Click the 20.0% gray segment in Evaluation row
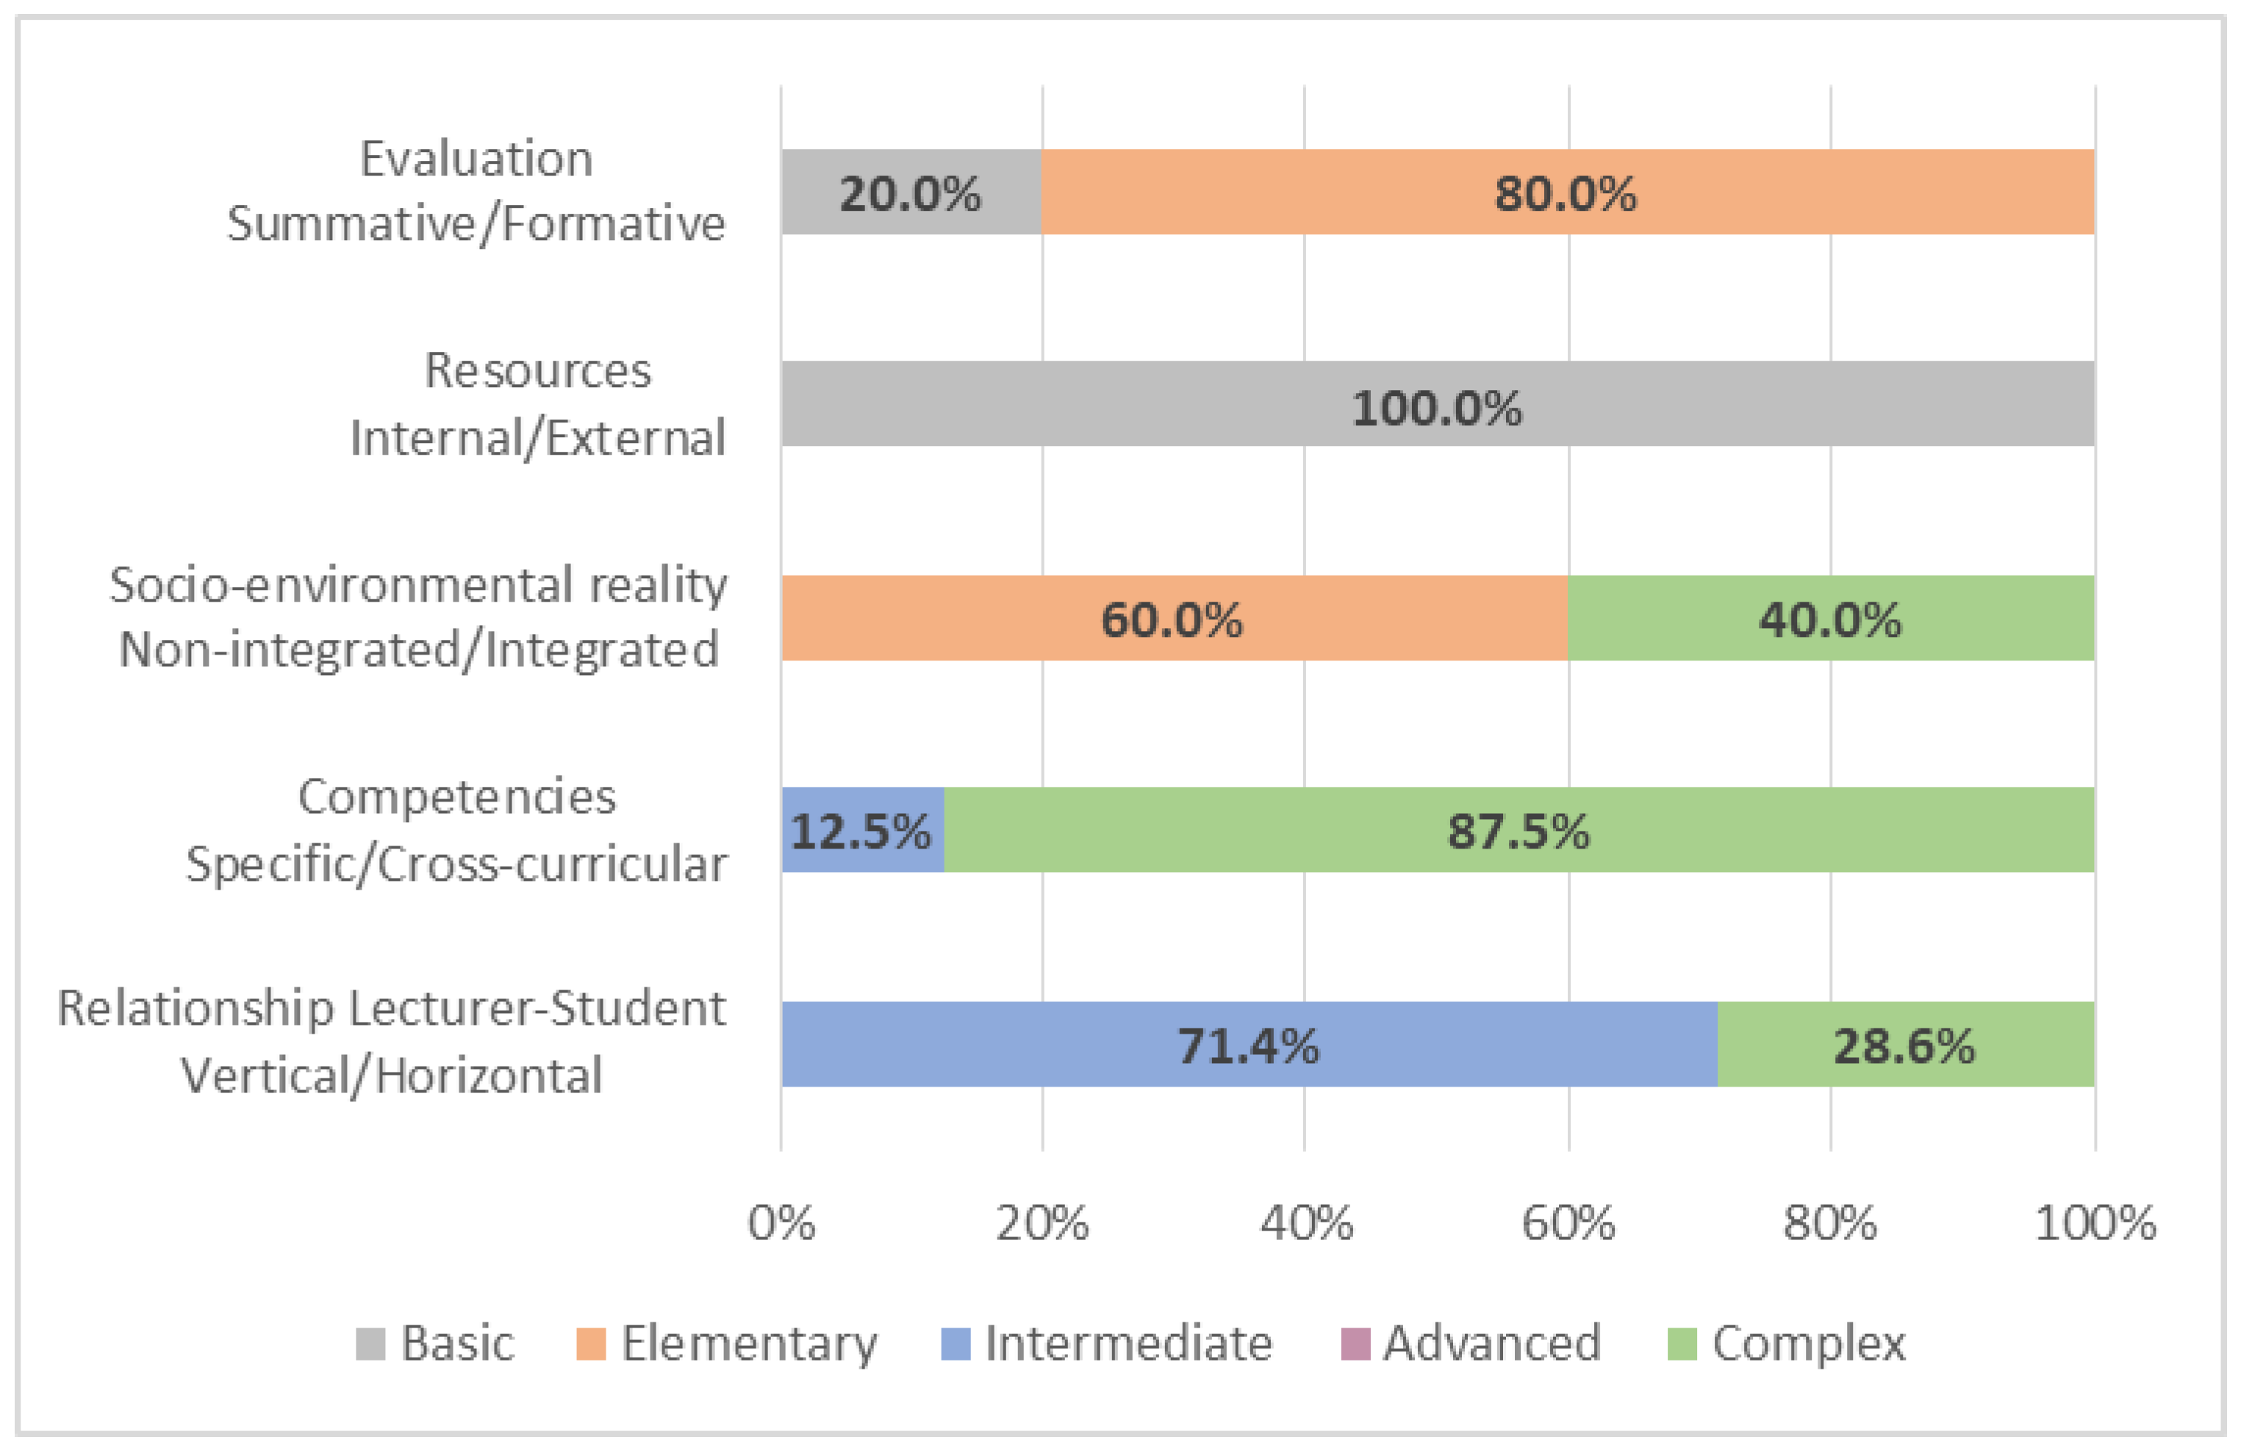[911, 192]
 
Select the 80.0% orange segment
[1567, 192]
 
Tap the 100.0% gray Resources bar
[1437, 404]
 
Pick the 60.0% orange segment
[1173, 618]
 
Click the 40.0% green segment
[1830, 618]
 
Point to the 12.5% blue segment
[861, 830]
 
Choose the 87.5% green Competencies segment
[1518, 830]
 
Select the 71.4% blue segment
[1249, 1044]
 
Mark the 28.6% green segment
[1905, 1044]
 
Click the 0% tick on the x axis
[781, 1222]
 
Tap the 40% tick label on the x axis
[1305, 1222]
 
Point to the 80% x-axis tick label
[1829, 1222]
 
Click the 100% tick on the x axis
[2094, 1222]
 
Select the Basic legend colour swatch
[370, 1344]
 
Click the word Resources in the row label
[537, 370]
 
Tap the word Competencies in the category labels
[457, 796]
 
